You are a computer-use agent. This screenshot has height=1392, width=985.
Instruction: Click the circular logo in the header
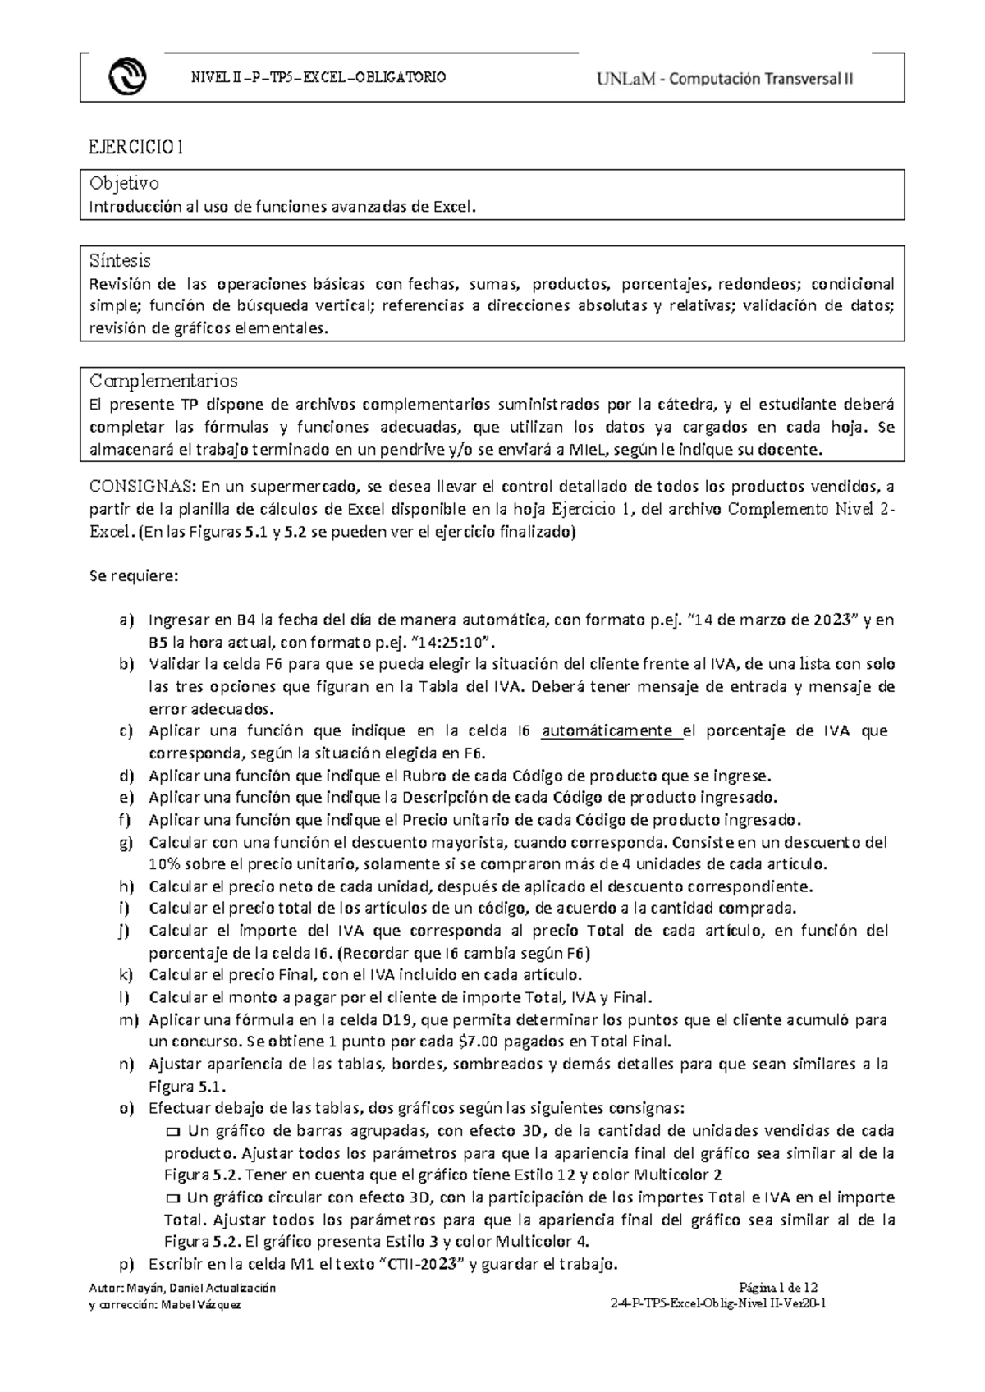click(x=127, y=78)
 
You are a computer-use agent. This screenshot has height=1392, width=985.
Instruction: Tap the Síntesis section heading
click(x=120, y=261)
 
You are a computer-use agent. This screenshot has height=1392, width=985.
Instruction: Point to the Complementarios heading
click(x=163, y=381)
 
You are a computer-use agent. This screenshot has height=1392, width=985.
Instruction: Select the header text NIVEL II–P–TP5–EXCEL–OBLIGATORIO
click(x=318, y=77)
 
